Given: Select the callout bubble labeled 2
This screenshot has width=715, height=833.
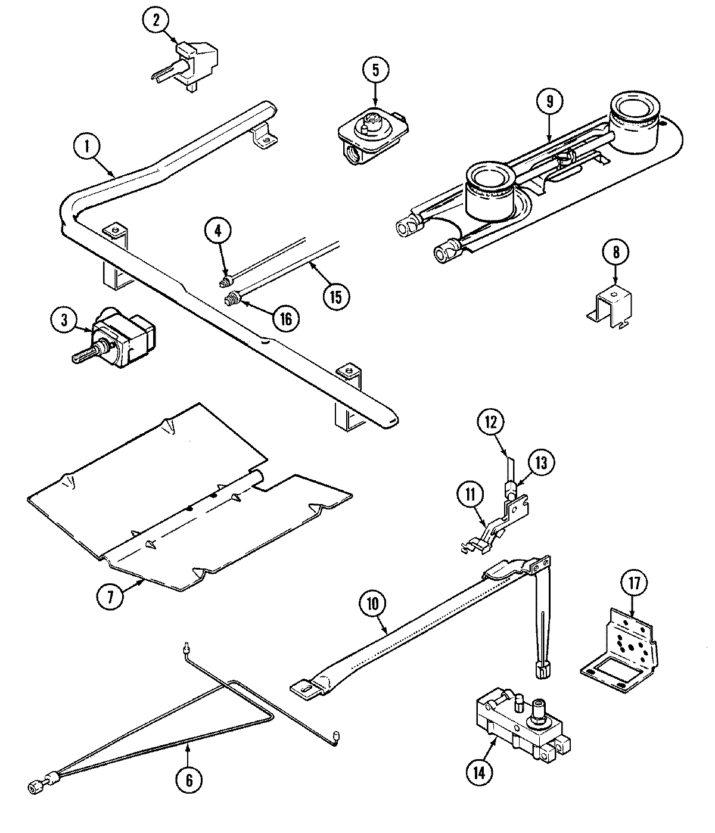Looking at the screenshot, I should tap(156, 20).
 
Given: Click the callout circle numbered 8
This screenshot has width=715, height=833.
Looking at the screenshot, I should tap(616, 251).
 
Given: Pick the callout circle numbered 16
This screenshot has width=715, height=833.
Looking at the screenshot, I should tap(285, 318).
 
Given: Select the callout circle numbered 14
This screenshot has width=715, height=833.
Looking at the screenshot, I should tap(480, 773).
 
